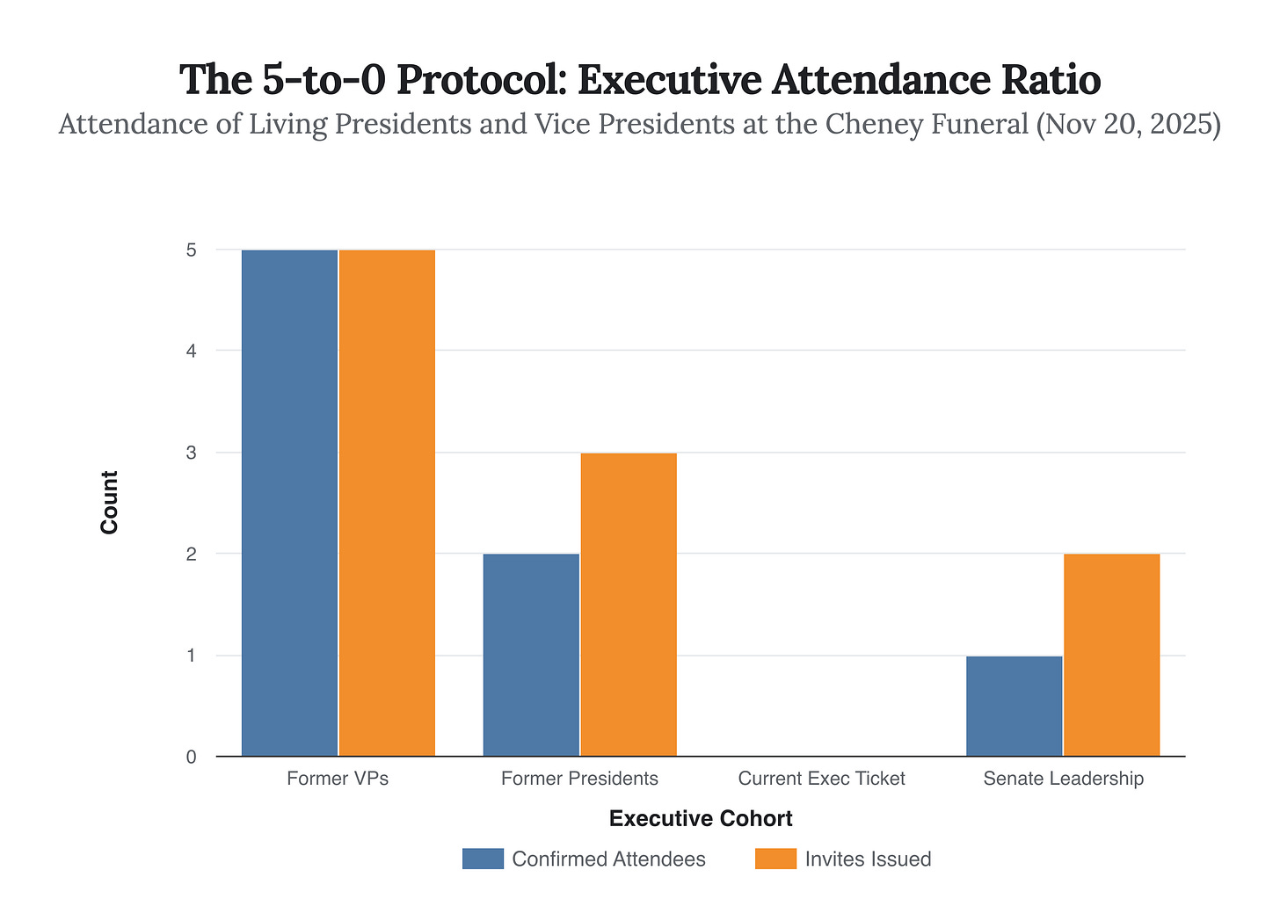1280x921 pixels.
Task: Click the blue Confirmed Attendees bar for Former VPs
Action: pos(289,503)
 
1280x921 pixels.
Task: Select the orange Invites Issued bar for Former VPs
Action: pos(387,503)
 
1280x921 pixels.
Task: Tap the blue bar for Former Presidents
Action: pos(531,655)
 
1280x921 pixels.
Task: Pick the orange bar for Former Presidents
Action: pos(629,605)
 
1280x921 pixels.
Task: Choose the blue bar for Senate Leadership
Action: pos(1014,706)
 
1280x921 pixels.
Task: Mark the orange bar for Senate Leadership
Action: pos(1111,655)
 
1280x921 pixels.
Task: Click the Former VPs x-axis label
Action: pos(338,779)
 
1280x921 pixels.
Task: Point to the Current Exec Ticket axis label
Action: pos(821,779)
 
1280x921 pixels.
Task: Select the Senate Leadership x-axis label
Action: pos(1063,779)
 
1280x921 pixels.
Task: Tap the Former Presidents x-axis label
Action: pos(579,779)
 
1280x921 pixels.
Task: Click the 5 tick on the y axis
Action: pos(191,250)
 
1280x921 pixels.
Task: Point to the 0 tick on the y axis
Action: pos(191,757)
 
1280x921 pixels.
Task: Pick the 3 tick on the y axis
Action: pos(191,453)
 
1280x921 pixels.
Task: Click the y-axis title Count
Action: pos(109,503)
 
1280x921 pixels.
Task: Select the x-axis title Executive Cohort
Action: pos(701,819)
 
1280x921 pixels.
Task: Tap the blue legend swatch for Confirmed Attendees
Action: pos(483,859)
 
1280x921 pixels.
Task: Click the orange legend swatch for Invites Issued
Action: pos(775,859)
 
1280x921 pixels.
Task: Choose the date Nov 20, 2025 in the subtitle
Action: pos(1129,125)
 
